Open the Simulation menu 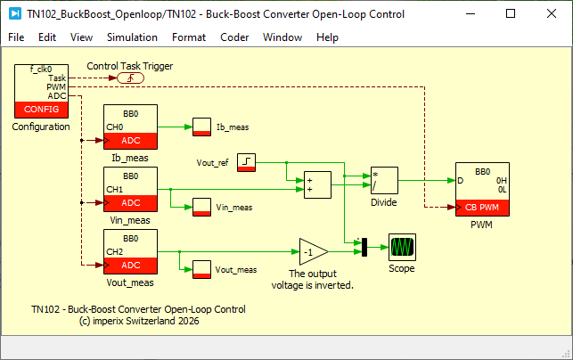132,37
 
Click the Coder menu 234,37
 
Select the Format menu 189,37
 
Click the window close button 552,14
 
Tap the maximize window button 511,14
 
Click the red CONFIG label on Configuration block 41,110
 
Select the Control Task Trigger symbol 130,78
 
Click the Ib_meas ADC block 130,127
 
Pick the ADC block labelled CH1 130,189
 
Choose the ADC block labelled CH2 130,252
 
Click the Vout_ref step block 246,163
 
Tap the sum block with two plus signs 317,185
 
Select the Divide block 384,181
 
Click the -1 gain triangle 312,252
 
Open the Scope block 402,248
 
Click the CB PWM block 482,189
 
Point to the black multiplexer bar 364,247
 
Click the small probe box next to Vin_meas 201,208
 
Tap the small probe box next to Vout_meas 201,270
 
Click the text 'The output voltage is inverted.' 313,280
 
